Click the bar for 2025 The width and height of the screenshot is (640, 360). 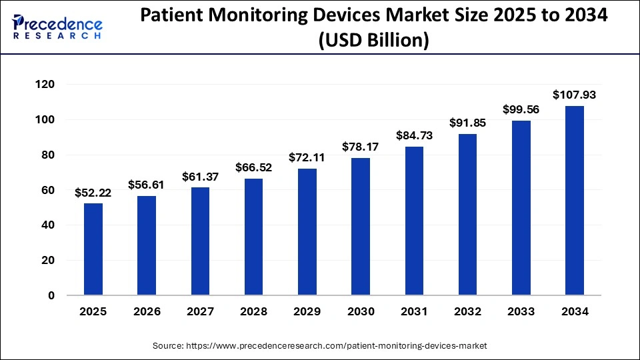[x=93, y=249]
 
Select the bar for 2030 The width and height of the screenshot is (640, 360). [x=361, y=227]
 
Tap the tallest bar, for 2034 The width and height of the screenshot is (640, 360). [x=575, y=201]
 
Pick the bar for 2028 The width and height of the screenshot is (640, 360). [x=254, y=237]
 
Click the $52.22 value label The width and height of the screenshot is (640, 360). [x=93, y=193]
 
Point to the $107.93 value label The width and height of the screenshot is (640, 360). [x=575, y=95]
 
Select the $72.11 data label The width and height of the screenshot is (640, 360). [x=307, y=158]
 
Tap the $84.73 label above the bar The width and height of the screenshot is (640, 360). [x=414, y=136]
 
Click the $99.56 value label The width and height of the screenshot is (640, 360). [x=521, y=110]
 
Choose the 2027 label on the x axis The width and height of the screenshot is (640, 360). [x=200, y=312]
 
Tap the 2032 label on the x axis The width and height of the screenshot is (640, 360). [x=467, y=312]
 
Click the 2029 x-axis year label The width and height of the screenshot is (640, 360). [x=307, y=312]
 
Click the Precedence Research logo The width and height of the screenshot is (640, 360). [x=57, y=27]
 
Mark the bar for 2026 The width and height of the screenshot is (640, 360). [x=147, y=245]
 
